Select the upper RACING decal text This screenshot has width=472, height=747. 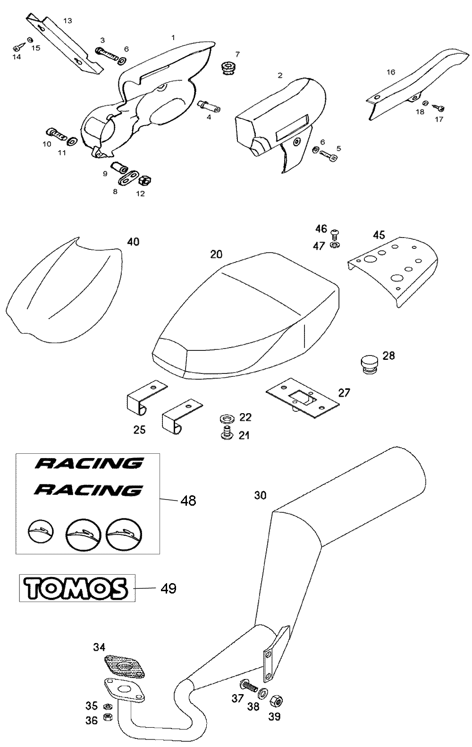click(89, 463)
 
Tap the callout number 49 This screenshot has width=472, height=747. click(169, 588)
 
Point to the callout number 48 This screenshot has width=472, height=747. click(188, 500)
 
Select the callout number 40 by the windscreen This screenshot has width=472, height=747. click(133, 242)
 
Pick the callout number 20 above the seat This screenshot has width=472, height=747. click(216, 254)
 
